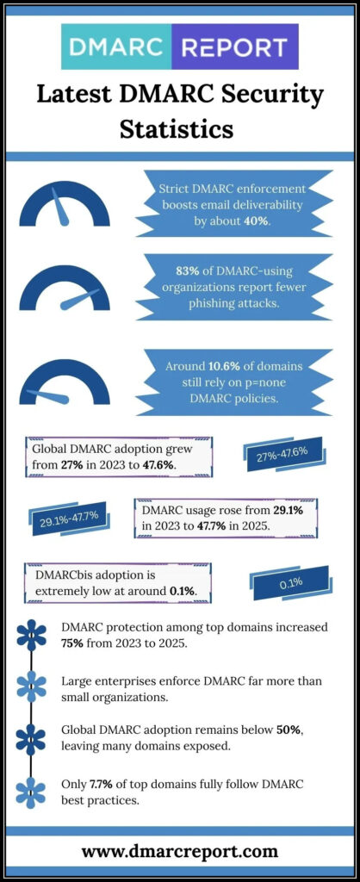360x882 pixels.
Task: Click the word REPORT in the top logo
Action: [x=235, y=47]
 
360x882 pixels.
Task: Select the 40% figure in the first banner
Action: [x=255, y=221]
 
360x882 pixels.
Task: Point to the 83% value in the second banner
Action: [x=173, y=271]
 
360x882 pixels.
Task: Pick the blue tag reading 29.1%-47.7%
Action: [x=69, y=519]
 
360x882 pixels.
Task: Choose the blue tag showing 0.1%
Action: [x=291, y=583]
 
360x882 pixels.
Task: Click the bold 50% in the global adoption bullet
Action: [x=289, y=730]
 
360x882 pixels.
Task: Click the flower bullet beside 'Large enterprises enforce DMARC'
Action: [x=31, y=686]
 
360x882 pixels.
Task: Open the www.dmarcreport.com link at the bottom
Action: [x=180, y=852]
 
